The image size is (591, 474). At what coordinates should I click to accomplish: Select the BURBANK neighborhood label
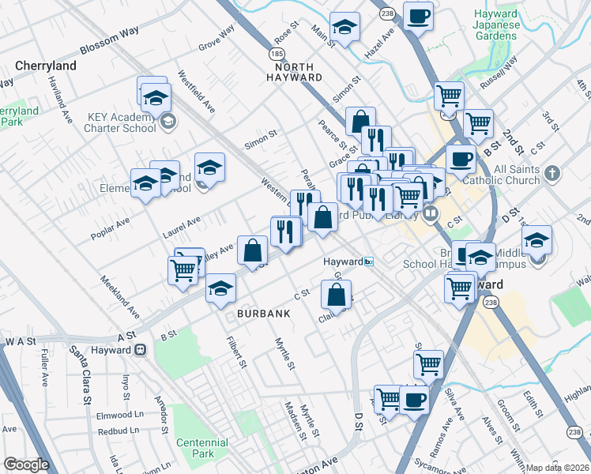pyautogui.click(x=264, y=314)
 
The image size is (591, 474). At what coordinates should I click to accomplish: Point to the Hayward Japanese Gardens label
pyautogui.click(x=496, y=25)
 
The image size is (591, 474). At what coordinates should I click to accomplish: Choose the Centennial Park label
pyautogui.click(x=195, y=448)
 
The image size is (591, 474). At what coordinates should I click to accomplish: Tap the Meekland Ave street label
pyautogui.click(x=119, y=292)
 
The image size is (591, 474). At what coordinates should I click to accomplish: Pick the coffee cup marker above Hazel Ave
pyautogui.click(x=418, y=15)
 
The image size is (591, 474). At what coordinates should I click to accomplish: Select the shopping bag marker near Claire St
pyautogui.click(x=337, y=295)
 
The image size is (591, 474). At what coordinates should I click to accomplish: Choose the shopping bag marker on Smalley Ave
pyautogui.click(x=251, y=250)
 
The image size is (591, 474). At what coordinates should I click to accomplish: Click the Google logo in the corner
pyautogui.click(x=25, y=465)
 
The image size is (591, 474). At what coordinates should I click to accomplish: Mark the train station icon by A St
pyautogui.click(x=141, y=350)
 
